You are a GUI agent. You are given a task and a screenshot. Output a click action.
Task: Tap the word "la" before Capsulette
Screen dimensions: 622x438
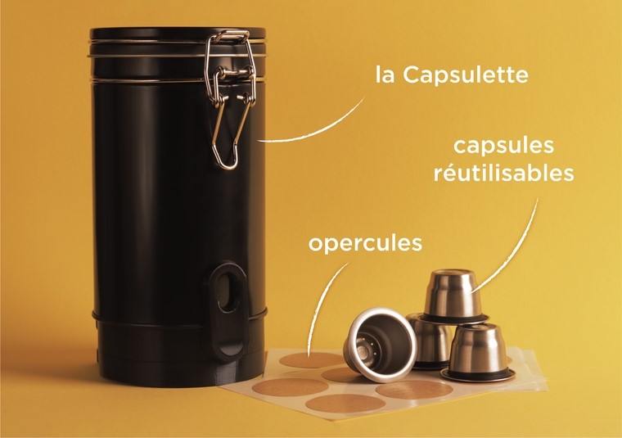(x=385, y=75)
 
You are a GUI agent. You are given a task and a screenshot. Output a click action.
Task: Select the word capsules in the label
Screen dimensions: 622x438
(x=503, y=146)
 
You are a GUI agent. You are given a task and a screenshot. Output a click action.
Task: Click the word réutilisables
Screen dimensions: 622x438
(x=504, y=173)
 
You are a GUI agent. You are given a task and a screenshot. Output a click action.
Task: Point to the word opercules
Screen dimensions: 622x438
(x=365, y=244)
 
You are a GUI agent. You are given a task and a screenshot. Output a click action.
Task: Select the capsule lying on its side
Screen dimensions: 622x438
(x=380, y=342)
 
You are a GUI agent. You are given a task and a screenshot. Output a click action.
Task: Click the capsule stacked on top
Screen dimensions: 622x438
(x=453, y=296)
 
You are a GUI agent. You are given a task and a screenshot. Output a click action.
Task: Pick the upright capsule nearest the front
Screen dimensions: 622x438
(x=479, y=352)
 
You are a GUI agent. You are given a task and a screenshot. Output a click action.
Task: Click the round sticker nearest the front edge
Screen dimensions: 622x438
(x=345, y=404)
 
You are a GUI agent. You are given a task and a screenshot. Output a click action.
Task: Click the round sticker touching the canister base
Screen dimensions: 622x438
(x=285, y=386)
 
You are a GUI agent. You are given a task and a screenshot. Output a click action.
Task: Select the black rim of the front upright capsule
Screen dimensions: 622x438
(x=479, y=374)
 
